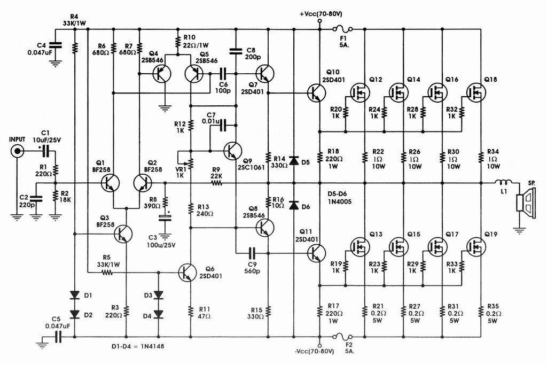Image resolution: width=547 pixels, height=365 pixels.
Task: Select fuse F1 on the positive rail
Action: pos(342,29)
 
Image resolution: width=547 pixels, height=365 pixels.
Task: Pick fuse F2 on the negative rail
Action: pos(342,337)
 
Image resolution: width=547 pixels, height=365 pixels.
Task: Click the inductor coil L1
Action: pos(503,182)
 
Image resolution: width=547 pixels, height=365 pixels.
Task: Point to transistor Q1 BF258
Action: pos(110,183)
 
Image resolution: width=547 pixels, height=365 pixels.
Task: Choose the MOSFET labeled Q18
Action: pos(475,92)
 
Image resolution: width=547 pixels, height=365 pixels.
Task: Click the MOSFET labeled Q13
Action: pos(360,247)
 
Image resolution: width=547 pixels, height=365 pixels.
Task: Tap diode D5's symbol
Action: pos(294,161)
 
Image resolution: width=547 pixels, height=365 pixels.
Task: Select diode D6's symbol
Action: pos(294,205)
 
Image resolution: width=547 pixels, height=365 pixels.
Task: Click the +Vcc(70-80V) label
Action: pos(321,14)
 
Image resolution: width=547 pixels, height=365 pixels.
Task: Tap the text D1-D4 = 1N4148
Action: pos(138,346)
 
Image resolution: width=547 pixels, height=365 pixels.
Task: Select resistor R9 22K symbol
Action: pos(216,183)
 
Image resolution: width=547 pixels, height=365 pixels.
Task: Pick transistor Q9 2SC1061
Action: pos(232,151)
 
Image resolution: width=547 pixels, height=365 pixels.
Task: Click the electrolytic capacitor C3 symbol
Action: pos(165,218)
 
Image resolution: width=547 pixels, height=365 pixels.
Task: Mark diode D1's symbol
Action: pos(74,295)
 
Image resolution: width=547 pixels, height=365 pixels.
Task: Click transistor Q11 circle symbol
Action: pos(316,253)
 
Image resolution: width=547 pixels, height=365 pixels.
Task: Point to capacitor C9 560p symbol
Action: pos(252,253)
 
